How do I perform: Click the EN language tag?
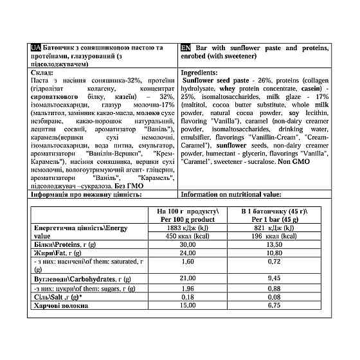[186, 48]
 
